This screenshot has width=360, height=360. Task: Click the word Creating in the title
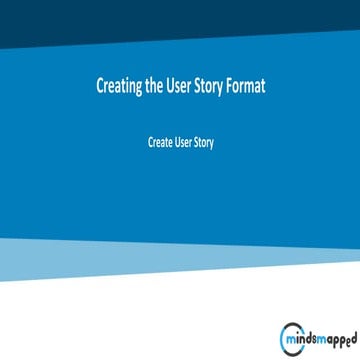[x=119, y=86]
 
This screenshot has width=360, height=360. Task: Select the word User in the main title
[x=181, y=86]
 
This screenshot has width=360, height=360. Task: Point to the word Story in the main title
[x=213, y=86]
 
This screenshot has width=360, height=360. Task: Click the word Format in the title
[x=248, y=86]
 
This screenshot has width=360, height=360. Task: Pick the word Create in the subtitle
[x=160, y=142]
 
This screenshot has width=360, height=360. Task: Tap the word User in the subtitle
[x=183, y=142]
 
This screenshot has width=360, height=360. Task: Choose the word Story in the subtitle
[x=204, y=142]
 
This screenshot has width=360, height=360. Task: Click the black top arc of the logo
[x=291, y=328]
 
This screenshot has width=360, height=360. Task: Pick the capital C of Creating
[x=99, y=86]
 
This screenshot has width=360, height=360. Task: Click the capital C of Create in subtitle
[x=151, y=142]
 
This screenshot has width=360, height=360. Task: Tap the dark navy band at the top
[x=180, y=20]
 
